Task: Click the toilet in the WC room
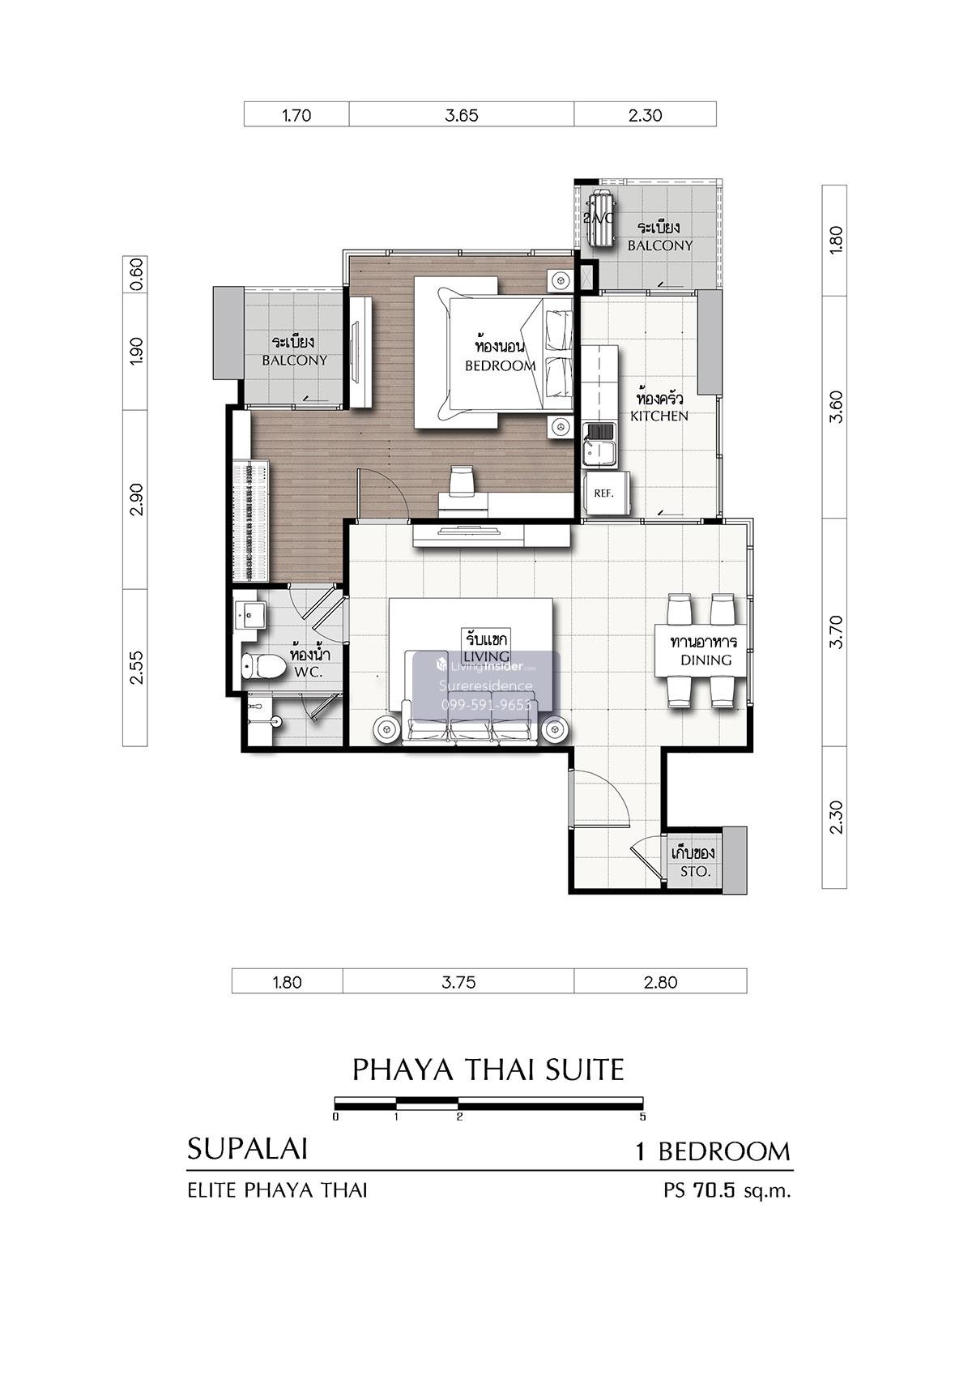[262, 665]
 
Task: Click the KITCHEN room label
[659, 416]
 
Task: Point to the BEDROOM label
[500, 366]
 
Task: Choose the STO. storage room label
[695, 871]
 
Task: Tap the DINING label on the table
[706, 660]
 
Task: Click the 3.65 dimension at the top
[462, 115]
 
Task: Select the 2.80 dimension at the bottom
[660, 982]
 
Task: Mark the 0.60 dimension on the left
[136, 274]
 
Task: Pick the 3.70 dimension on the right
[836, 632]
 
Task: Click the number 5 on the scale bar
[642, 1117]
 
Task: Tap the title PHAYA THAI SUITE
[488, 1070]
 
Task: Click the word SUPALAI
[247, 1149]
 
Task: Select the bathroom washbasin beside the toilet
[251, 614]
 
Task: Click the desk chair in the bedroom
[462, 480]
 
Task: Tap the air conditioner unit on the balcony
[599, 219]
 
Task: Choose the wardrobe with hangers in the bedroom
[250, 522]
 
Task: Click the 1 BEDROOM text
[713, 1151]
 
